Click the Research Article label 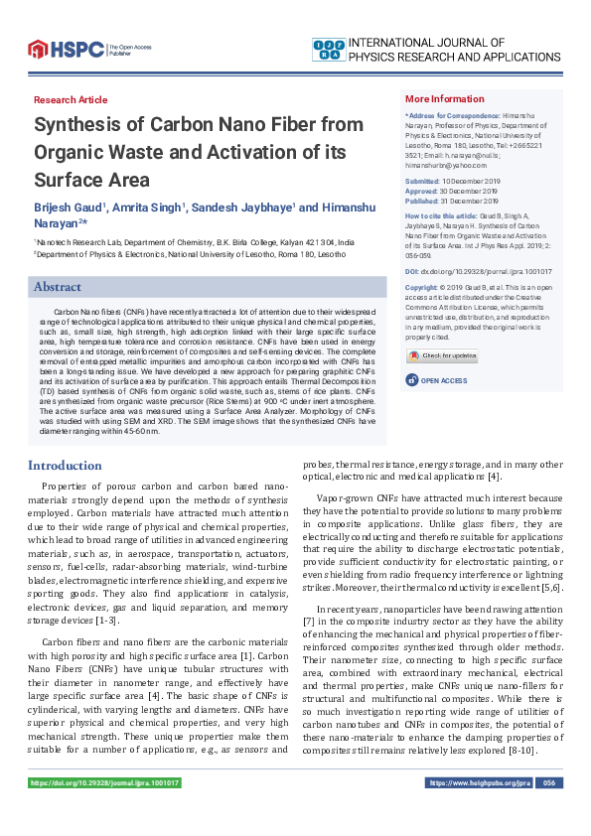point(71,100)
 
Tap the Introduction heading point(65,465)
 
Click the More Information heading point(444,99)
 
